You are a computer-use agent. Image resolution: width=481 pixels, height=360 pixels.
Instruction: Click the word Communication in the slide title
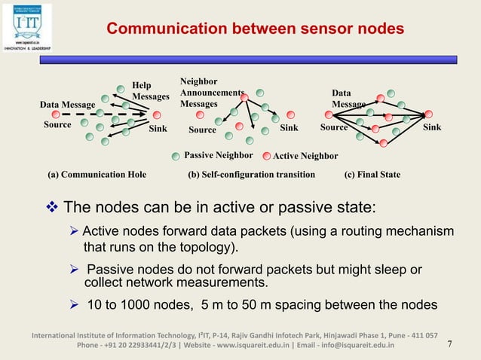coord(156,29)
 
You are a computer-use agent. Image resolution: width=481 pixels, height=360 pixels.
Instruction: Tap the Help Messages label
coord(150,91)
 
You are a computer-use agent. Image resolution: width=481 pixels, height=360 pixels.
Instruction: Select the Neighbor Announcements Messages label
coord(212,92)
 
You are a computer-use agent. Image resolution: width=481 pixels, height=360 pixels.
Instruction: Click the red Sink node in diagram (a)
coord(157,115)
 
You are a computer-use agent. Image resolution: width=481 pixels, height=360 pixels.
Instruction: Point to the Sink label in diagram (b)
coord(289,128)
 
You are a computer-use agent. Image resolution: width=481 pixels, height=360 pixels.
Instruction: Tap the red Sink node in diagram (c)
coord(429,114)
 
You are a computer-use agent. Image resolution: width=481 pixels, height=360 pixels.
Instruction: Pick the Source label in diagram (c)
coord(334,127)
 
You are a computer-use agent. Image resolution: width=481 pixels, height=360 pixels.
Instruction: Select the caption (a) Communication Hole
coord(97,174)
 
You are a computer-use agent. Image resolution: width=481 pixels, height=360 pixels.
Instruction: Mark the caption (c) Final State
coord(372,174)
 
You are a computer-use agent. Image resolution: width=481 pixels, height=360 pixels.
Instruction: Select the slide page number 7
coord(450,344)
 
